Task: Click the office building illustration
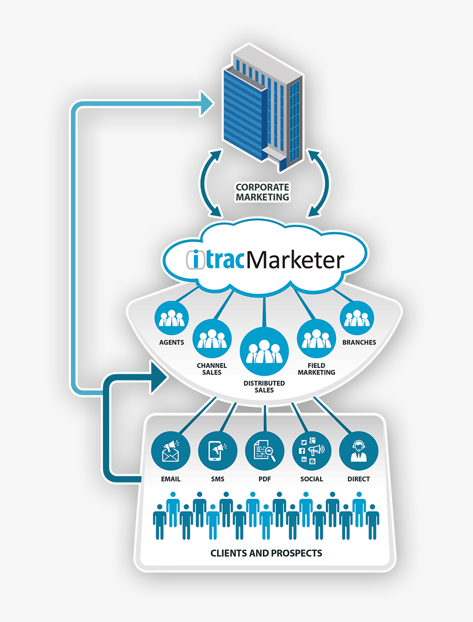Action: coord(263,108)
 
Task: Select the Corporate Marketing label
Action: coord(262,192)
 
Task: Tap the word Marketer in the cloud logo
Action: coord(295,260)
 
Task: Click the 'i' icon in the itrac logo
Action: coord(196,259)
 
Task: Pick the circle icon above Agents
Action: coord(171,318)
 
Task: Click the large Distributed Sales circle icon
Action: coord(264,352)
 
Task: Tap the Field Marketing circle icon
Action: coord(316,338)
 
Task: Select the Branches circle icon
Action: coord(357,318)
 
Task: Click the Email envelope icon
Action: coord(171,452)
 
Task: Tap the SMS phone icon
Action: coord(218,452)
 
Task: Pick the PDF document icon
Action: coord(265,452)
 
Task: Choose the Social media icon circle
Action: coord(312,452)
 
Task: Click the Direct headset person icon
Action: coord(359,452)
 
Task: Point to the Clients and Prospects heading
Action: coord(266,553)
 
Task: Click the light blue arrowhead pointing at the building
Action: coord(207,104)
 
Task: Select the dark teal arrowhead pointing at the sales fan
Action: coord(159,377)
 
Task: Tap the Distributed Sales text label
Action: coord(264,386)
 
